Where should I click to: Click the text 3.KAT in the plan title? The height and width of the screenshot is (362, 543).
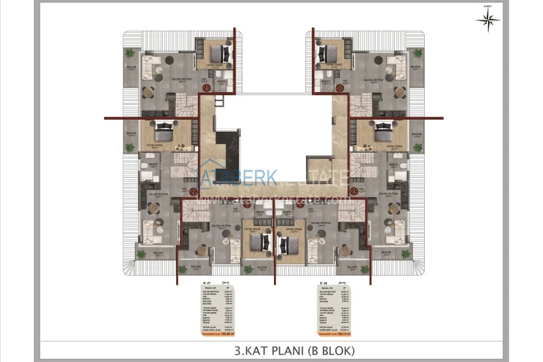point(253,350)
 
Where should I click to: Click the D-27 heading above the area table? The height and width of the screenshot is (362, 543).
point(206,283)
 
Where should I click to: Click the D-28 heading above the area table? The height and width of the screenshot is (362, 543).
point(324,283)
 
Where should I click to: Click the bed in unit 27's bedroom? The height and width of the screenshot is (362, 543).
point(257,242)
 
